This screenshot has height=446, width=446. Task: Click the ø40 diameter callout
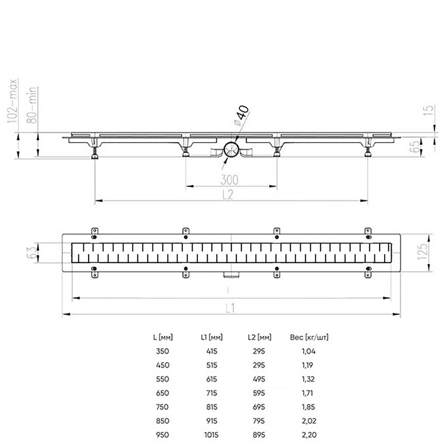click(241, 115)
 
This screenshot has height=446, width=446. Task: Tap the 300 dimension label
click(230, 180)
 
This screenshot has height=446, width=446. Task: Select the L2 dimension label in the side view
click(228, 195)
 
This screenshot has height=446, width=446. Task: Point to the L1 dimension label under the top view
click(230, 308)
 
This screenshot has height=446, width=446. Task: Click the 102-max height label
click(12, 101)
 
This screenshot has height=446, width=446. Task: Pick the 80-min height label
click(32, 105)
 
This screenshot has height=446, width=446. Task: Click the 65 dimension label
click(416, 146)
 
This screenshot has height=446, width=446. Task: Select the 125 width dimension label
click(422, 251)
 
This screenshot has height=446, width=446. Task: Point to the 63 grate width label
click(32, 252)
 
